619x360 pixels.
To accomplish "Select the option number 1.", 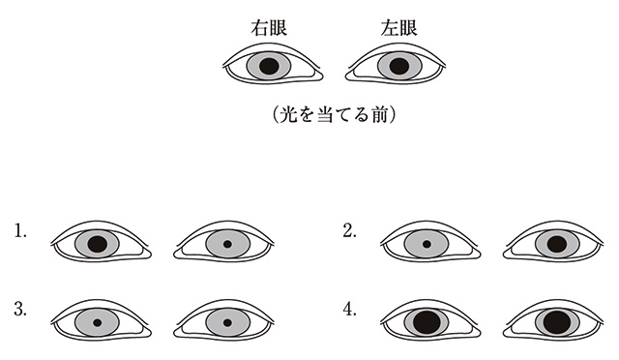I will point(20,231).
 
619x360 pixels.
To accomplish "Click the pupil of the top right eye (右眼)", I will point(269,66).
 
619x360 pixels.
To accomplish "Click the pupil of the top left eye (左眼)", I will point(398,67).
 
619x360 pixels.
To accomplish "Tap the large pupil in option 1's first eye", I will point(97,244).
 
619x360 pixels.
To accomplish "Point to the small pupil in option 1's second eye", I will point(226,244).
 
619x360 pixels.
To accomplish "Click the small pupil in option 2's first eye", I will point(427,244).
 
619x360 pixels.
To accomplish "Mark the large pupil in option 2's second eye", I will point(556,244).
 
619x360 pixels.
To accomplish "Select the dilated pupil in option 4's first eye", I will point(427,320).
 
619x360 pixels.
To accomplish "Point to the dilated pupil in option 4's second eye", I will point(556,320).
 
